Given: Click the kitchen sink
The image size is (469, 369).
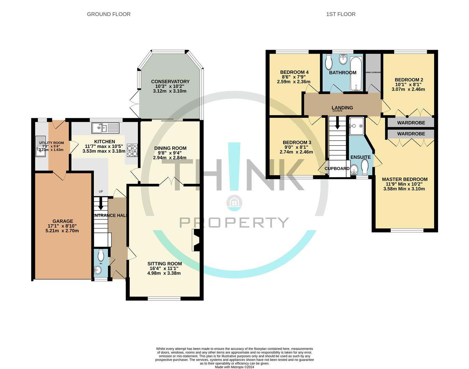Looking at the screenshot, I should [x=105, y=128].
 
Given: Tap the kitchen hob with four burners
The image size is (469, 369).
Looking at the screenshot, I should [x=132, y=151].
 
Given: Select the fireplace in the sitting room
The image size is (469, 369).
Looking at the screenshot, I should [x=196, y=241].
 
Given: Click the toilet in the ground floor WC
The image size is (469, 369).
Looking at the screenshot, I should [x=101, y=255].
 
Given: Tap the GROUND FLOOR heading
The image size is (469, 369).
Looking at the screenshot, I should [x=109, y=14].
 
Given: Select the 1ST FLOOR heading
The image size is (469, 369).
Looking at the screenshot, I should [x=341, y=14].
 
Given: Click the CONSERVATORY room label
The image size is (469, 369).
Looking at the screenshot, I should [x=170, y=82].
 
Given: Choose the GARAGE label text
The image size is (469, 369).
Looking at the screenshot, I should [x=63, y=221].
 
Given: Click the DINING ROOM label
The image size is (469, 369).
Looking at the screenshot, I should [x=170, y=148].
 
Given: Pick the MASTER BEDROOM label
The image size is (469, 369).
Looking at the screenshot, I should [x=404, y=179].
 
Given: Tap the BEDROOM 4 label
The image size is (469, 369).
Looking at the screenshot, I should [x=294, y=72].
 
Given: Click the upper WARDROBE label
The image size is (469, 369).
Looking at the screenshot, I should [x=411, y=123].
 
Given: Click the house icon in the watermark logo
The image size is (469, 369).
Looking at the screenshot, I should [x=234, y=202].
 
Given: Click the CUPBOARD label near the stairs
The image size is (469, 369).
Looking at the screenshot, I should [x=337, y=168].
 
